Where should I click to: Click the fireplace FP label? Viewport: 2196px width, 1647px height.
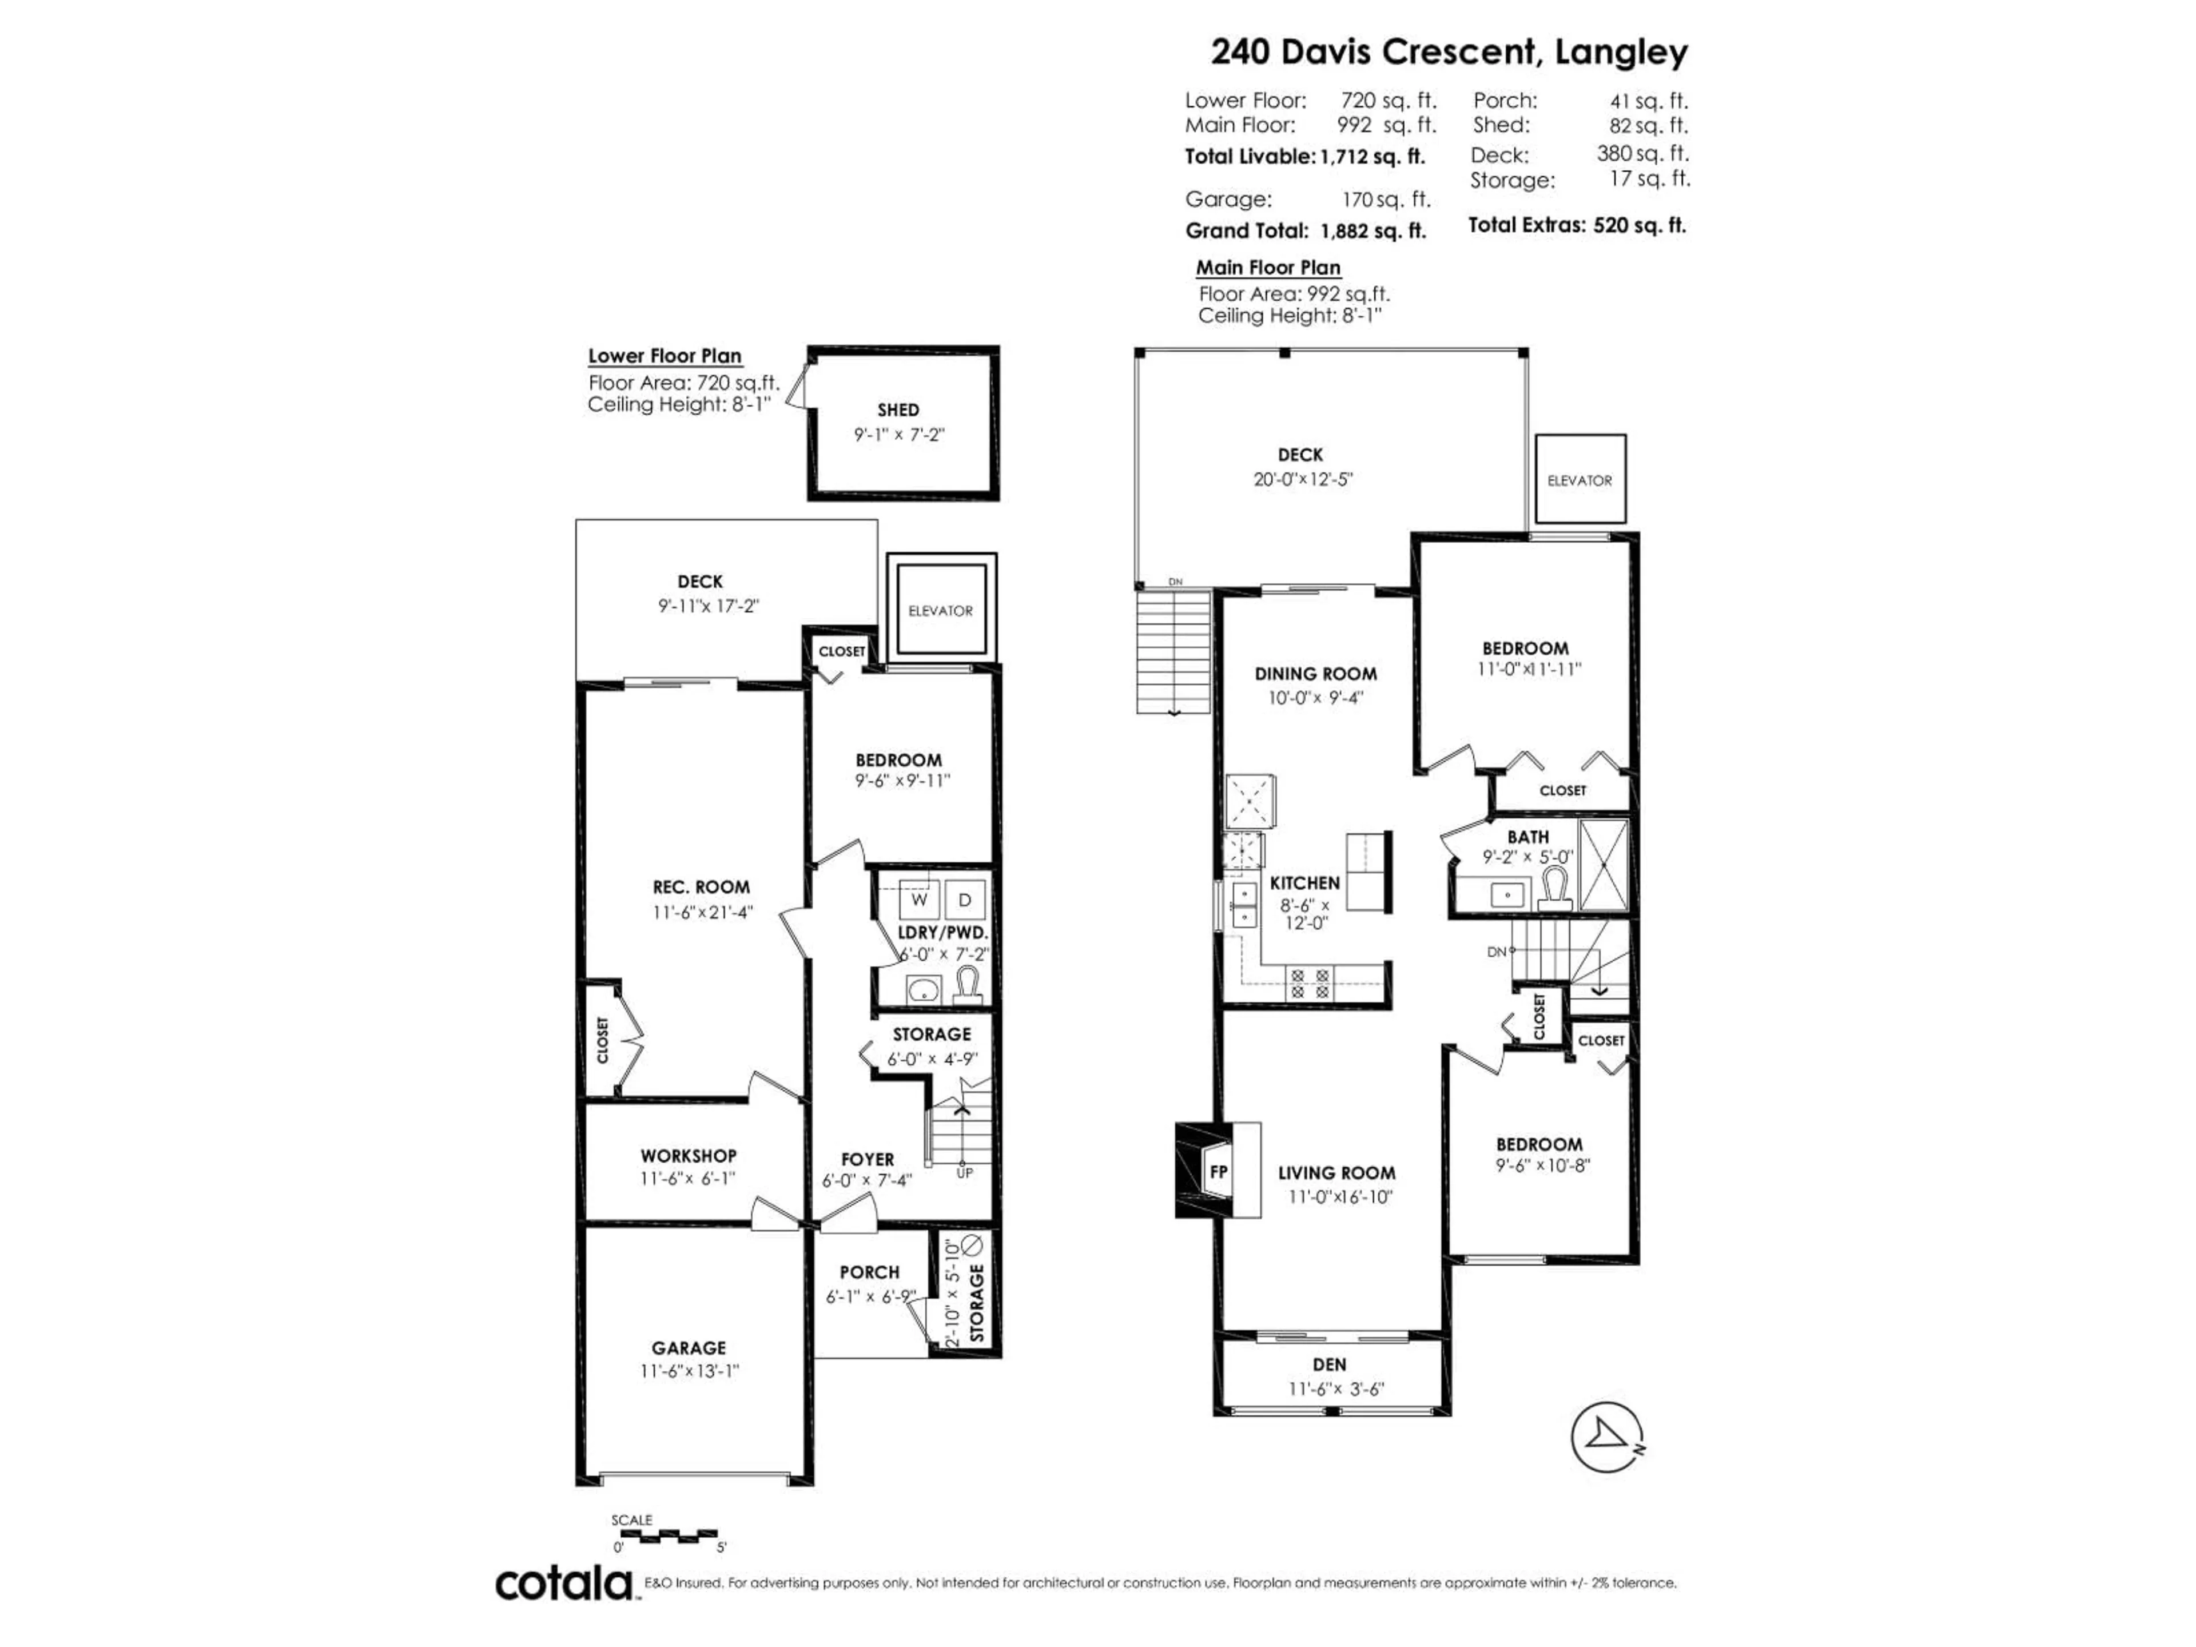[x=1218, y=1171]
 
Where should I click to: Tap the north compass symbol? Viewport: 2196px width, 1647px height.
[x=1606, y=1438]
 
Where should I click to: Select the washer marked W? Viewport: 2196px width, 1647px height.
[x=920, y=900]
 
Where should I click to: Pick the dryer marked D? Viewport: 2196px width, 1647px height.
[x=965, y=900]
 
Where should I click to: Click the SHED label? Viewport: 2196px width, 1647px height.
[x=897, y=409]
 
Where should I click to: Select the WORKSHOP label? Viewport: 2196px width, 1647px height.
[x=688, y=1156]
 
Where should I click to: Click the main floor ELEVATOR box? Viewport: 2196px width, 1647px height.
[x=1580, y=479]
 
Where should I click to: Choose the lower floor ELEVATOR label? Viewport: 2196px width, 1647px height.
[x=940, y=611]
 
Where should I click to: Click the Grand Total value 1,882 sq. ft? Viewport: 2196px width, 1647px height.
[x=1373, y=231]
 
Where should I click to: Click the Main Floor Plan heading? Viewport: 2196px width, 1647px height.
[x=1268, y=267]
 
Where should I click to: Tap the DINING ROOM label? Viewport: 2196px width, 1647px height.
[x=1315, y=673]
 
